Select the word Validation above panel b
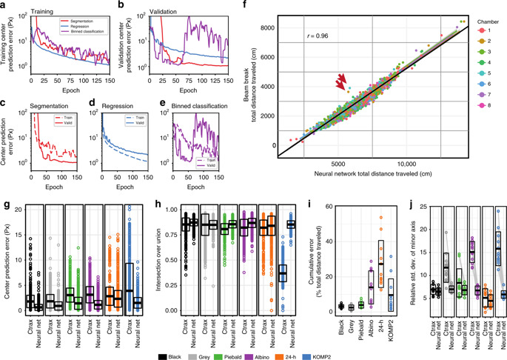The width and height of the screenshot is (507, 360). point(149,5)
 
